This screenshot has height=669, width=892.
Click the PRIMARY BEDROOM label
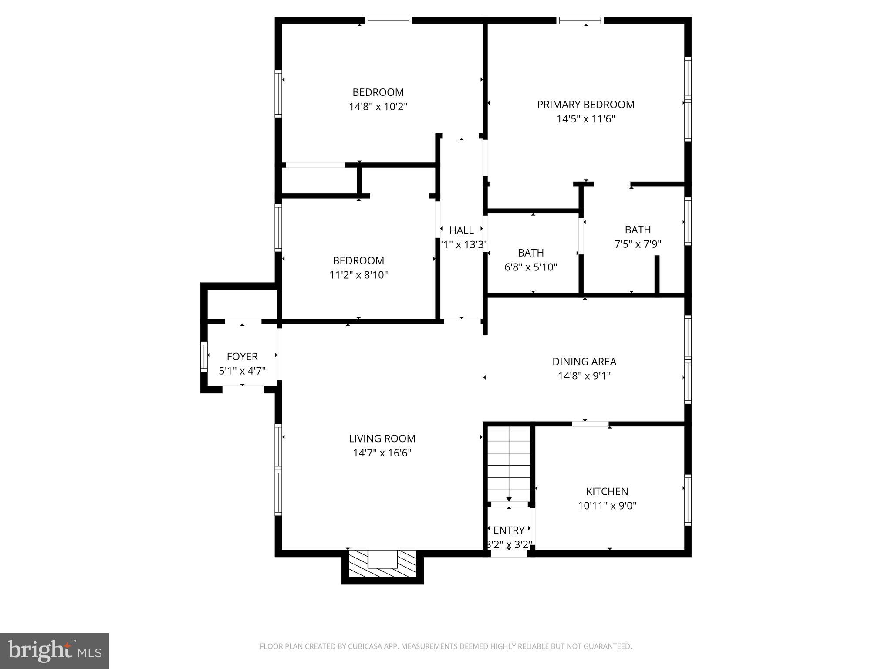585,105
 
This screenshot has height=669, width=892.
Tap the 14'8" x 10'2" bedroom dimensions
378,107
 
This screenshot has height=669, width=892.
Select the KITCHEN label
607,491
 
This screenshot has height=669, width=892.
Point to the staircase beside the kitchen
509,464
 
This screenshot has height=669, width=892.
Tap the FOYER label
242,357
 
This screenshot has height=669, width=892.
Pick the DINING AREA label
584,362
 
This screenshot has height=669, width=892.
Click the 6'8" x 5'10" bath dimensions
530,267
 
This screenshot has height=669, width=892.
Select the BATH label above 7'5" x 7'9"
638,230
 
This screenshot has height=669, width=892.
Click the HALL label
461,230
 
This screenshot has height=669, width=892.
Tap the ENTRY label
508,530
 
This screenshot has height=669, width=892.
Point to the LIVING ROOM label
382,439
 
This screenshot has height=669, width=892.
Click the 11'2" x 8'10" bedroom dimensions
358,275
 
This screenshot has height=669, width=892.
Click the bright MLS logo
54,651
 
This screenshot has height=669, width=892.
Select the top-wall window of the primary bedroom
580,20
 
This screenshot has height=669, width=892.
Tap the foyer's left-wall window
203,357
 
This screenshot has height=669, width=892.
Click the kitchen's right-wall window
687,500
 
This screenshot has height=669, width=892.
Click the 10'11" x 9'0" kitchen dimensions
607,506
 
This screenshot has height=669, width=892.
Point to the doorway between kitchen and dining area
590,424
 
